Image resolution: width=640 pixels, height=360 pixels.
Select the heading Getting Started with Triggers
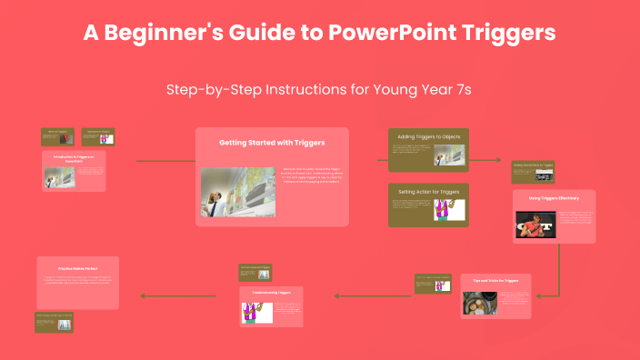(272, 143)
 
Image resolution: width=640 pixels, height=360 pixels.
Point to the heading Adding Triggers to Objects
(428, 136)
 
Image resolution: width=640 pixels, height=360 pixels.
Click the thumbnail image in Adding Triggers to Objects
(444, 155)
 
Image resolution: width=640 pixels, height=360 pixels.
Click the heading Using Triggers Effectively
(554, 197)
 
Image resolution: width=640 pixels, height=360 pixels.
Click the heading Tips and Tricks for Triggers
(495, 281)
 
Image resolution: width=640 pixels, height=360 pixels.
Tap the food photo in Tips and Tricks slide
(477, 304)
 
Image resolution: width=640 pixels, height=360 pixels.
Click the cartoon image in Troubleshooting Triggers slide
(256, 312)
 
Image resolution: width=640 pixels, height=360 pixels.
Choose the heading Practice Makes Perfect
(77, 269)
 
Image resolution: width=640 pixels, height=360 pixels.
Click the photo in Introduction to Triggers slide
(60, 175)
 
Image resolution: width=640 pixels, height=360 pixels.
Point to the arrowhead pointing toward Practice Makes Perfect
(140, 295)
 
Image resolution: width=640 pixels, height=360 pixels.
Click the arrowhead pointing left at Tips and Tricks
(536, 295)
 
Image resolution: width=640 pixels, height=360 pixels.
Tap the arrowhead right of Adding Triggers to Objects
(498, 160)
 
